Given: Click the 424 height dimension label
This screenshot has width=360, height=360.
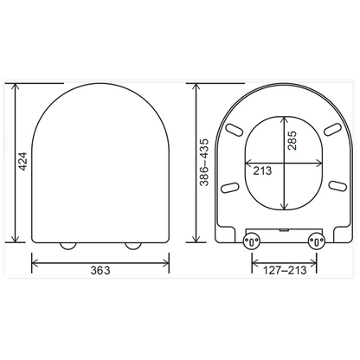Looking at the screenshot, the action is coord(22,161).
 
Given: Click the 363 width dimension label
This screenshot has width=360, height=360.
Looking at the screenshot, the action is coord(100,270).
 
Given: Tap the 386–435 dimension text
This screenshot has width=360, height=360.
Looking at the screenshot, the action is coord(204,163).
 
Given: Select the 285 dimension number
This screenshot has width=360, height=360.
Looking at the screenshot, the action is coord(292,140).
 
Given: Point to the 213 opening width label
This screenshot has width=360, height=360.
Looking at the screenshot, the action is coord(262,170).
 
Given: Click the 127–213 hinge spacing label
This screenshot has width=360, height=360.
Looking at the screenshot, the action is coord(285,270).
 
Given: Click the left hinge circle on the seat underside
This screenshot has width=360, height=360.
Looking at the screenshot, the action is coord(252,241).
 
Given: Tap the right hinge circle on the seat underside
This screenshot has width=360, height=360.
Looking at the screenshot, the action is coord(317,241).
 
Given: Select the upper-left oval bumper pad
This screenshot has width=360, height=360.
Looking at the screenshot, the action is coord(235,130).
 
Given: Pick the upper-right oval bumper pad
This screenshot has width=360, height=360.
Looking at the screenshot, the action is coord(333,129).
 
